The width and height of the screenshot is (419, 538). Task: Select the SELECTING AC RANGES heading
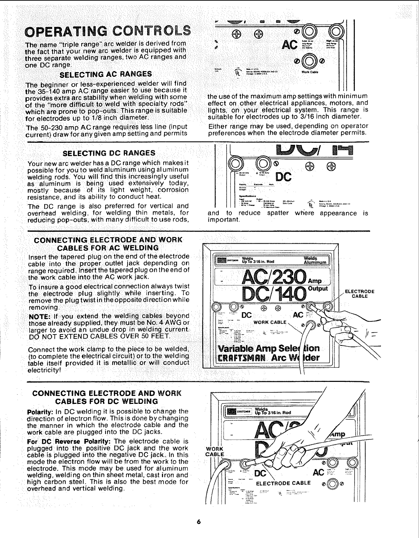(106, 74)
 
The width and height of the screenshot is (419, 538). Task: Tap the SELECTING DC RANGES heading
(108, 153)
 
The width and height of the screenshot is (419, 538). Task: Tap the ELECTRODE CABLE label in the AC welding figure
(359, 294)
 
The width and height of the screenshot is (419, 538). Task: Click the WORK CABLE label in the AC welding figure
(270, 322)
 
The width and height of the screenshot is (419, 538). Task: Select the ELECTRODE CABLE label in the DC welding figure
(283, 483)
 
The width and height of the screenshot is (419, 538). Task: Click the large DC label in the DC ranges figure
(284, 177)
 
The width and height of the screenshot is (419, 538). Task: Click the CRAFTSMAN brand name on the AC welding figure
(240, 358)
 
